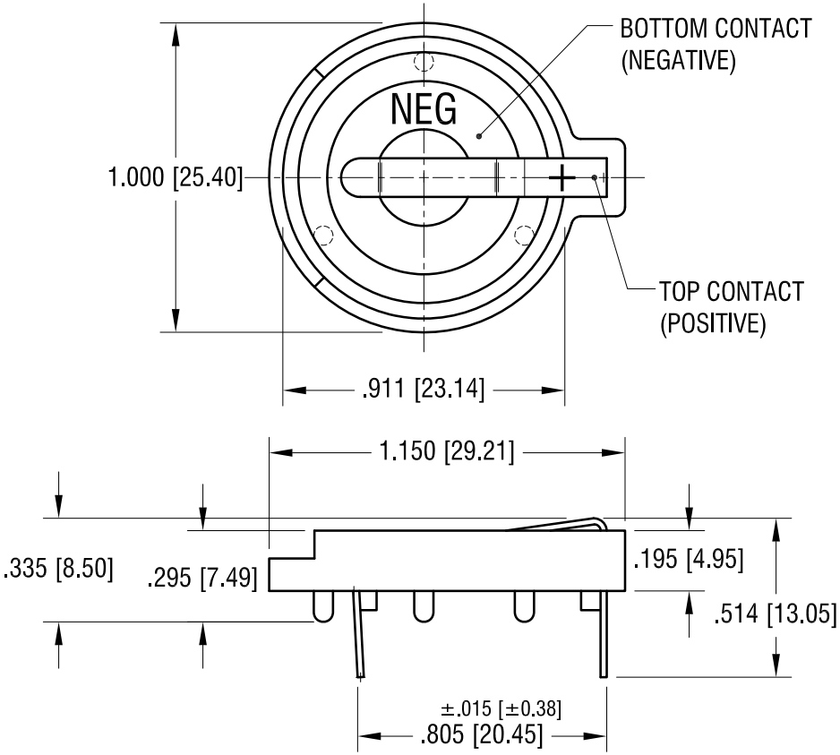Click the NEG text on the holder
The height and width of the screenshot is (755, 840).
(x=424, y=108)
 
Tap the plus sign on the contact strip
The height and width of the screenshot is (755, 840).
(x=562, y=177)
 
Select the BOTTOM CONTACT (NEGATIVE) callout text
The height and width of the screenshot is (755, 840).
(x=716, y=44)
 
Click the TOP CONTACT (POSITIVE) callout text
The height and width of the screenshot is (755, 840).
(x=731, y=306)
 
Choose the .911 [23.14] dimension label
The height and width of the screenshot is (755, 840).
(x=423, y=390)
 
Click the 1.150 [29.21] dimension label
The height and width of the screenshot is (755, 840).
(x=447, y=452)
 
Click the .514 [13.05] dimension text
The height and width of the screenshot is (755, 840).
(x=776, y=613)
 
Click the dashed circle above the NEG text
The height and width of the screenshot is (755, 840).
(x=424, y=63)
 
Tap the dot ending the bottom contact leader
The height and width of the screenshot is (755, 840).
(x=480, y=136)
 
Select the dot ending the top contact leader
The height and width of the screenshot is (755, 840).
(x=596, y=176)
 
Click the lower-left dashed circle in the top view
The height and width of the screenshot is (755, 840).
(x=324, y=236)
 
